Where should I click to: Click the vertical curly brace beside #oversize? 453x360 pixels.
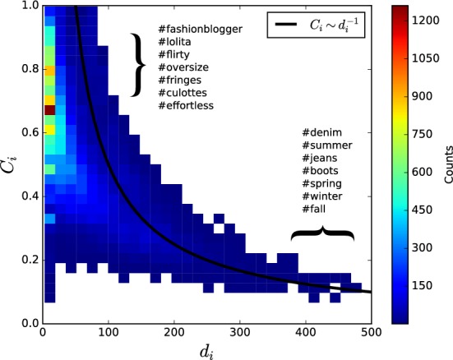coord(140,68)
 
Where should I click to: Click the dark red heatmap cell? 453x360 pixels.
coord(49,109)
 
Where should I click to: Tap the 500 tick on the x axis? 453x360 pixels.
coord(370,334)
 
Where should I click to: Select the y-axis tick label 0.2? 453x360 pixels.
coord(27,259)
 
